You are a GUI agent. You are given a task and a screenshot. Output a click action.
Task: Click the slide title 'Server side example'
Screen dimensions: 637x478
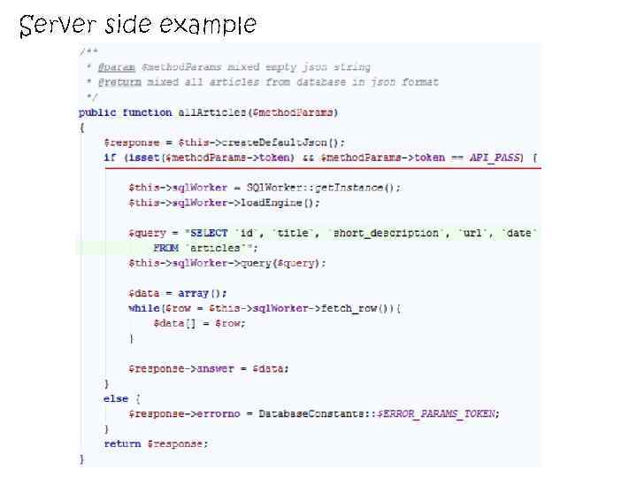[x=137, y=24]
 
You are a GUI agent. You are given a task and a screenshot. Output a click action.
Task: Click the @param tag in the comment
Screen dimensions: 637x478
[x=116, y=67]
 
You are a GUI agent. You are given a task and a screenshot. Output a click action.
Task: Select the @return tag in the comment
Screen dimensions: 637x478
[x=119, y=82]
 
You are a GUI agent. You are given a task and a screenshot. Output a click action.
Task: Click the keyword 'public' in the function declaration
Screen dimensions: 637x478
[x=97, y=112]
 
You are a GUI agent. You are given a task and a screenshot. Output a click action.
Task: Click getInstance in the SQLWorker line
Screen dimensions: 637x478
[x=352, y=188]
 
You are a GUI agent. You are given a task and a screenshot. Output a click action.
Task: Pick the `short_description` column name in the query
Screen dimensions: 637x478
[x=386, y=233]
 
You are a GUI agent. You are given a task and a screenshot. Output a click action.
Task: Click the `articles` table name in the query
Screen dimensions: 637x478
[x=215, y=248]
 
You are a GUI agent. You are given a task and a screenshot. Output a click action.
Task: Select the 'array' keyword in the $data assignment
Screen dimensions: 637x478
[x=193, y=293]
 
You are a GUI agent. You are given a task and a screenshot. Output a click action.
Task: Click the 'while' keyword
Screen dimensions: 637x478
[x=143, y=308]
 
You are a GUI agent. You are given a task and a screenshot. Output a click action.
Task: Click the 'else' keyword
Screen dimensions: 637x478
[x=116, y=398]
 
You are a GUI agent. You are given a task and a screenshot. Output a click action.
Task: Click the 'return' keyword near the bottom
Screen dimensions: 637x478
[x=122, y=443]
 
